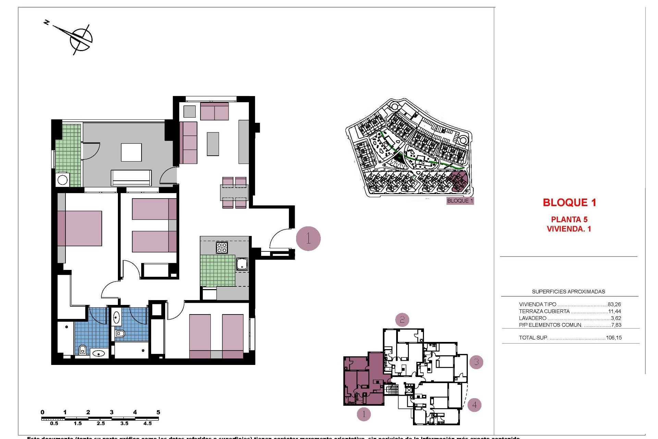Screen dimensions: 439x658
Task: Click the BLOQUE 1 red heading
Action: [569, 203]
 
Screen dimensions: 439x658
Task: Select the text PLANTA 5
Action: [569, 219]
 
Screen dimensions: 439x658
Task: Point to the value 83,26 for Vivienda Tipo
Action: [614, 304]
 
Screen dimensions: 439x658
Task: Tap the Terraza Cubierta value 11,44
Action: [614, 311]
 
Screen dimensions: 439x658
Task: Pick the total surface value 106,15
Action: [613, 338]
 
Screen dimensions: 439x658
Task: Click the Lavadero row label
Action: [532, 318]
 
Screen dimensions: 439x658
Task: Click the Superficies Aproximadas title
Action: [568, 292]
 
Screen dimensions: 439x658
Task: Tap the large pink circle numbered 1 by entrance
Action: [308, 238]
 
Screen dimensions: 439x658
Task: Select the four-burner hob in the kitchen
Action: [222, 248]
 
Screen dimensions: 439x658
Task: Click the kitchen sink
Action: [242, 264]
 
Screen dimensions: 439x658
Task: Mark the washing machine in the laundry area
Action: [62, 180]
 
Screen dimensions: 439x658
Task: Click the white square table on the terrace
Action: [131, 152]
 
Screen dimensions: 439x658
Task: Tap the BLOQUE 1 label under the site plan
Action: [460, 201]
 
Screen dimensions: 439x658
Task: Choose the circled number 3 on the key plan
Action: [476, 362]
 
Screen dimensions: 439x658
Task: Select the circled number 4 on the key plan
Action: [474, 405]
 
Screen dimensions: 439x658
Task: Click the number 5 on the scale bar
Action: [158, 412]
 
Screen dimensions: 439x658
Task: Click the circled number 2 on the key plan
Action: [402, 320]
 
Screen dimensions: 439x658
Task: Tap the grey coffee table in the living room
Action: [213, 144]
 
